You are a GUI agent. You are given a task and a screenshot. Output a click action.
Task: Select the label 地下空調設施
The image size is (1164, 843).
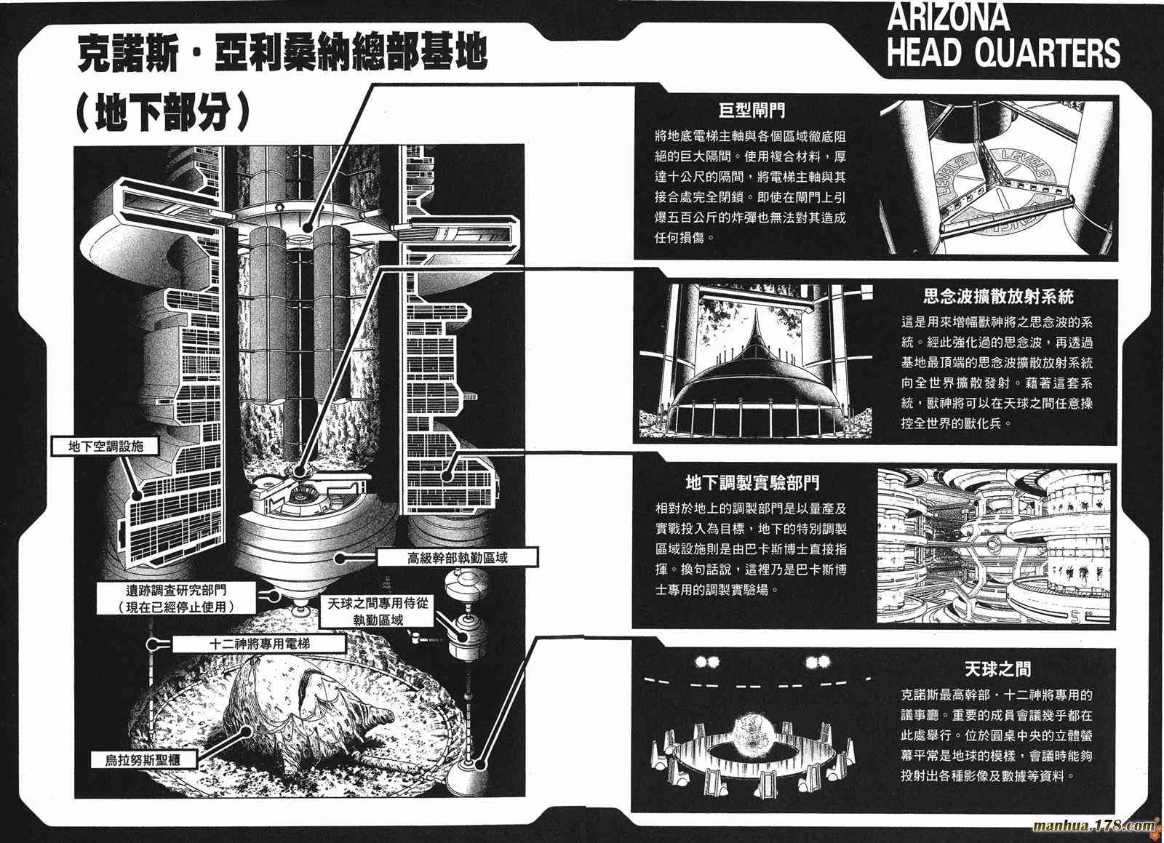tap(105, 446)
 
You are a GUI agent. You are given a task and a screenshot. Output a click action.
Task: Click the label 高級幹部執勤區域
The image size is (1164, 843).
tap(458, 558)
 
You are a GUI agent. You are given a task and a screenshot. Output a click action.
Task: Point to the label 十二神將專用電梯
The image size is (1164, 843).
tap(259, 644)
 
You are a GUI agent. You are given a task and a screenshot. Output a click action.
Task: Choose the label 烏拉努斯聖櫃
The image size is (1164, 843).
tap(143, 760)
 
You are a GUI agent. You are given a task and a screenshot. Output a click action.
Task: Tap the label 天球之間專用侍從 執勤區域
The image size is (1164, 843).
tap(378, 612)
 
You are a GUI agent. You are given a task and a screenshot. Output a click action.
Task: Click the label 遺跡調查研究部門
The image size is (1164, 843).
tap(177, 591)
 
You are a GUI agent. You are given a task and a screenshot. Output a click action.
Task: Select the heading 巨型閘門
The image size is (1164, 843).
tap(752, 110)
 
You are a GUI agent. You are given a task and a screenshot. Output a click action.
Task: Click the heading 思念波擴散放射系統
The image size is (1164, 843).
tap(998, 297)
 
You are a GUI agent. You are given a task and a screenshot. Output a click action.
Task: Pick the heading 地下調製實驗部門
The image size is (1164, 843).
tap(752, 482)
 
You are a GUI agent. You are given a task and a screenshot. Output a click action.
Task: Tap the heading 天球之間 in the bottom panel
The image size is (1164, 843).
tap(997, 669)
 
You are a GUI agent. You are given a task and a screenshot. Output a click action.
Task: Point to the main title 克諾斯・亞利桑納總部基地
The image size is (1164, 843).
tap(282, 53)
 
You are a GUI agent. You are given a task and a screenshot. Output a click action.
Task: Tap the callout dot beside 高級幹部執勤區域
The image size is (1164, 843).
tap(340, 559)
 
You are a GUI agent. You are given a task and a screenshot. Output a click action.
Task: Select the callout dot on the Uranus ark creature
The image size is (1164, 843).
tap(246, 732)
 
